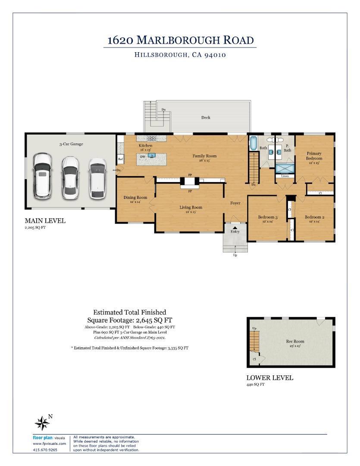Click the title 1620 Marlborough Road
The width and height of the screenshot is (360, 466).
[x=180, y=40]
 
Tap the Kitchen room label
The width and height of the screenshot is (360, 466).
[x=145, y=146]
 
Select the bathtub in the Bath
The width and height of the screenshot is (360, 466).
[x=253, y=143]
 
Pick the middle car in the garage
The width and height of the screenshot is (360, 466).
[x=70, y=177]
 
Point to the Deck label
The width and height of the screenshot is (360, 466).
[x=206, y=117]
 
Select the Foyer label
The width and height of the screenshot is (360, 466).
[x=235, y=203]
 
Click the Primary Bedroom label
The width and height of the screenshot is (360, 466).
[x=314, y=156]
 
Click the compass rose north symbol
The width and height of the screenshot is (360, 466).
[x=42, y=423]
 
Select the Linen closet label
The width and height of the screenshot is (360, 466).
[x=285, y=176]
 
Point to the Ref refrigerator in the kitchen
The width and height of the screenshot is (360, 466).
[x=121, y=159]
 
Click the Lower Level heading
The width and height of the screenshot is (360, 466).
[x=269, y=378]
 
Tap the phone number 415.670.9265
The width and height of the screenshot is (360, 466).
[x=45, y=450]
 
